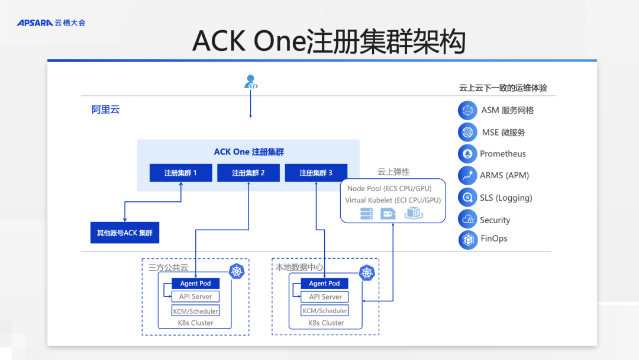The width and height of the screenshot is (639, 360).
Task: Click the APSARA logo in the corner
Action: point(51,22)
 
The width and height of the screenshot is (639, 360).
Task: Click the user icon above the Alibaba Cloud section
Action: point(251,82)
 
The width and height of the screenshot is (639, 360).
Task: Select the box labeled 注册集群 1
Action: point(180,173)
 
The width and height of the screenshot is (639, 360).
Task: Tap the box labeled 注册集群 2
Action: point(248,173)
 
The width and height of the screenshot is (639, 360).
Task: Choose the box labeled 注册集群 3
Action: point(315,173)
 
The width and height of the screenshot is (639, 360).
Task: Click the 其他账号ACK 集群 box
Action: point(125,233)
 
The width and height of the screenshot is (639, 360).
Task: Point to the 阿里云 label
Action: point(105,110)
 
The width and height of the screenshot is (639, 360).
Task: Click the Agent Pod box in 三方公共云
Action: point(195,284)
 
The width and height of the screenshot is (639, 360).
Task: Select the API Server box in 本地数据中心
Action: point(325,297)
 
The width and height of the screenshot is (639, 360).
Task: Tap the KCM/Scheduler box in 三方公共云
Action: point(195,311)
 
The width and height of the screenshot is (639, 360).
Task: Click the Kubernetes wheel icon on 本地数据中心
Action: point(367,273)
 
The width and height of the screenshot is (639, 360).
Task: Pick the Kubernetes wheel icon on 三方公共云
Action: point(237,272)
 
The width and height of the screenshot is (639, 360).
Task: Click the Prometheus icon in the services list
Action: point(467,153)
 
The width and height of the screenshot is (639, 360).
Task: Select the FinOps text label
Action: point(493,239)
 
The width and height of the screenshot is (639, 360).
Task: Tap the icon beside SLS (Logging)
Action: point(467,197)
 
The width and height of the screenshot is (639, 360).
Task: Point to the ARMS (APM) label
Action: point(504,175)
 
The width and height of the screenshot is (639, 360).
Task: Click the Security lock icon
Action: point(467,219)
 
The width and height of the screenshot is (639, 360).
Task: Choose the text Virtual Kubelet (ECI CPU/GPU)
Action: point(393,200)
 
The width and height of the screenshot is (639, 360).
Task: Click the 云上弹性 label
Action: point(393,172)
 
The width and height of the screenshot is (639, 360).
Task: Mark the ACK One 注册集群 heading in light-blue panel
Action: point(248,152)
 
